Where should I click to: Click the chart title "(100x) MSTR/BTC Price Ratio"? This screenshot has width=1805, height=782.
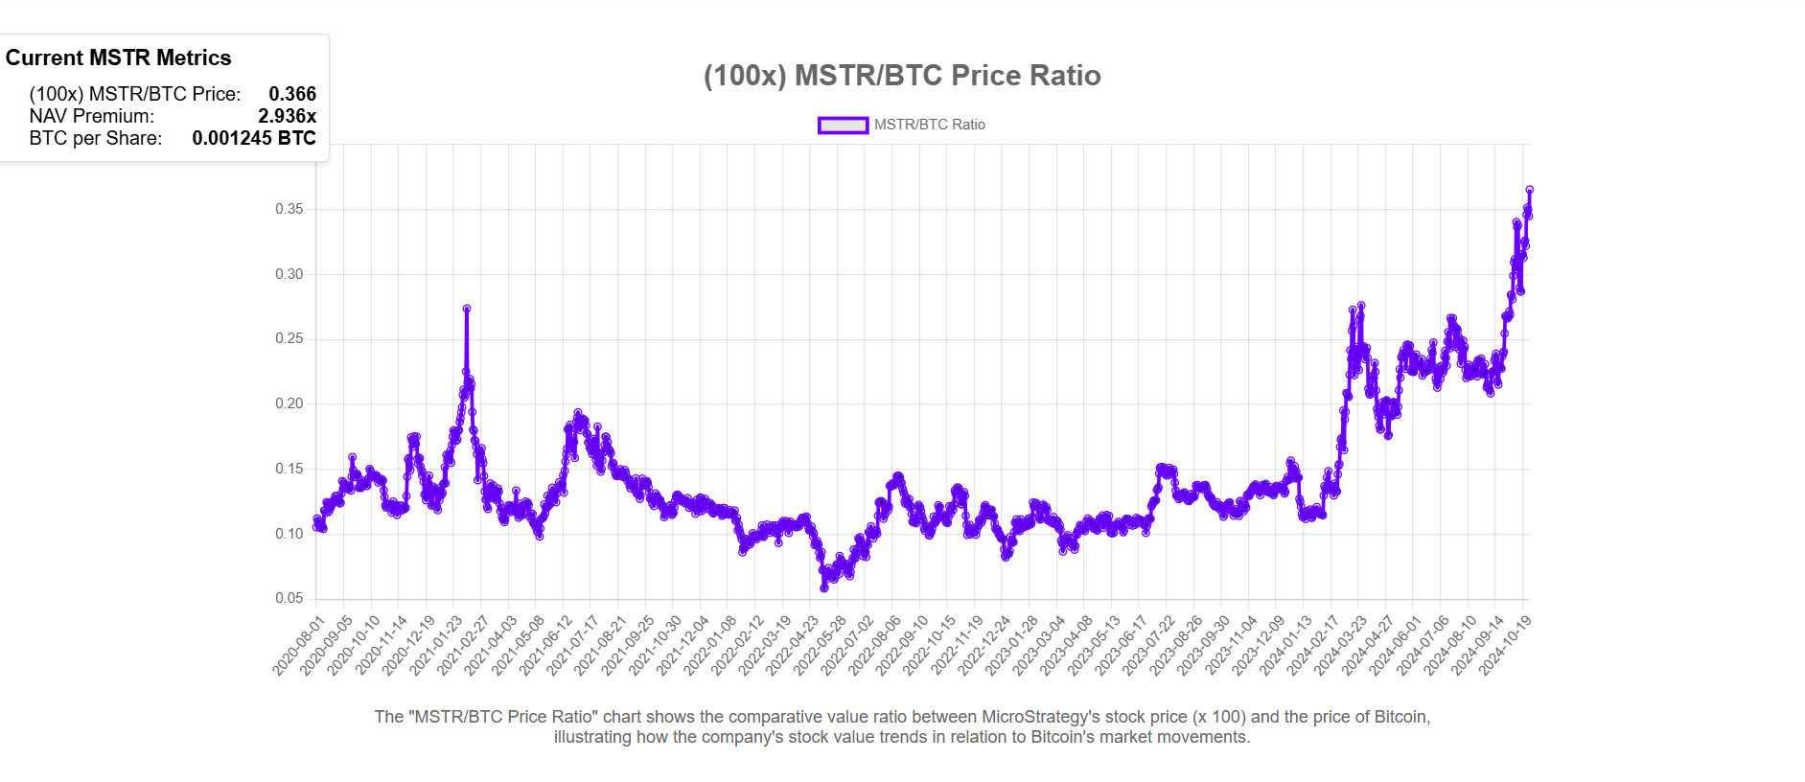click(x=902, y=76)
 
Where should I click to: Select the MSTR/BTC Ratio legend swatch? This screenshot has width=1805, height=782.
click(x=843, y=125)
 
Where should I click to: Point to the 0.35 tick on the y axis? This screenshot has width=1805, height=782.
click(x=289, y=209)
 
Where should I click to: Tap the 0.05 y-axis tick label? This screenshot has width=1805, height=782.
click(x=289, y=598)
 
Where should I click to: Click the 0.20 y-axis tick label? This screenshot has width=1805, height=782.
click(x=289, y=403)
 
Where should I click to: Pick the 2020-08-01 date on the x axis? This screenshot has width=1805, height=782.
click(x=298, y=647)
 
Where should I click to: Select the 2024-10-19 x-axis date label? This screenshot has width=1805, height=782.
click(x=1505, y=647)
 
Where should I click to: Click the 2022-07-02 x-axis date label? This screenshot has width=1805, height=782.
click(x=846, y=647)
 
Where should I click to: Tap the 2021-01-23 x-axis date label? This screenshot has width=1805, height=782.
click(x=435, y=647)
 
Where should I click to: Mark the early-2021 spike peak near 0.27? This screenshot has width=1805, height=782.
click(x=467, y=309)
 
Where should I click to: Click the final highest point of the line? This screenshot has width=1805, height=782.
click(x=1530, y=190)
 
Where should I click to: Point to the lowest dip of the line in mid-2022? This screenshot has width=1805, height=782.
click(x=824, y=587)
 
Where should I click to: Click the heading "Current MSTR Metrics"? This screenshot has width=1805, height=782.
click(x=119, y=57)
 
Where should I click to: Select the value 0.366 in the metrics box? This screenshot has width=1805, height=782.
click(x=292, y=94)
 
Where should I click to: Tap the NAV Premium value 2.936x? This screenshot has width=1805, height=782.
click(x=287, y=116)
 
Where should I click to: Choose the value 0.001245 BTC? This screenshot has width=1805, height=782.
click(x=254, y=138)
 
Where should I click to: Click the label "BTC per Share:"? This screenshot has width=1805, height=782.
click(x=96, y=138)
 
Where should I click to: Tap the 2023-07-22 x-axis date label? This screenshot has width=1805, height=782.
click(x=1148, y=647)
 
